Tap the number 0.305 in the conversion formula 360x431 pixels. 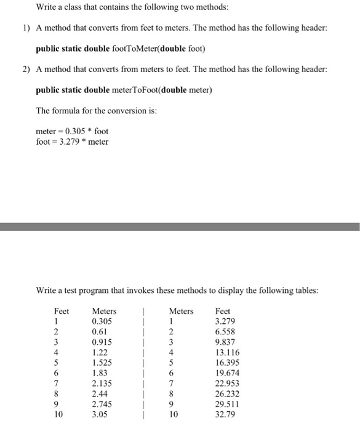(78, 131)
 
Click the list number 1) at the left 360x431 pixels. (26, 29)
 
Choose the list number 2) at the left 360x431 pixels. (26, 70)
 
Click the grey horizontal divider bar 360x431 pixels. (180, 227)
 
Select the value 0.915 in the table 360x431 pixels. (102, 342)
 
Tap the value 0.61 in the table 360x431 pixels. (99, 331)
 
